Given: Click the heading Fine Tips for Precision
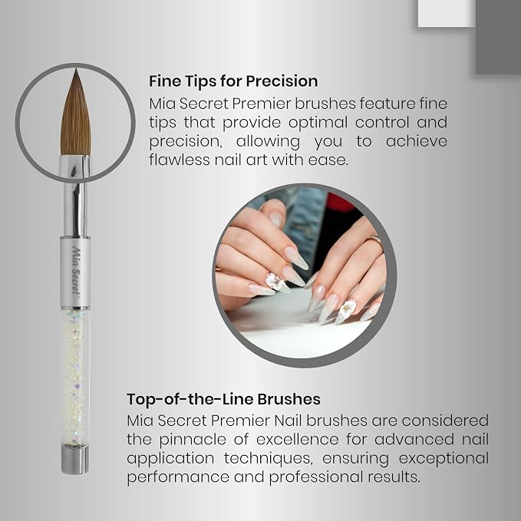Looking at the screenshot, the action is [x=233, y=81].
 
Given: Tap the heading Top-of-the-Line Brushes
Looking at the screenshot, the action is [x=223, y=399].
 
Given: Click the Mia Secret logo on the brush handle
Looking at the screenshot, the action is [x=76, y=270].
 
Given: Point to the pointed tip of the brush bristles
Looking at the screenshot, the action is [x=76, y=69].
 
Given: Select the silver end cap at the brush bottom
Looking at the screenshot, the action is [x=75, y=459].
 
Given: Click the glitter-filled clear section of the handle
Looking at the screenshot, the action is [x=75, y=377].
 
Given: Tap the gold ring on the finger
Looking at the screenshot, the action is [x=374, y=239].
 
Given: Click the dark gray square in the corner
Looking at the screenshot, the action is [x=498, y=37].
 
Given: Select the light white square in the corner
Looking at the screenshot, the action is [x=447, y=13].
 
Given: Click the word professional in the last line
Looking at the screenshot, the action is [x=316, y=477].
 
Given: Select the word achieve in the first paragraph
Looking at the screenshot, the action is [x=417, y=141].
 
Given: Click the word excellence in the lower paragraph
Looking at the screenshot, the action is [x=298, y=439].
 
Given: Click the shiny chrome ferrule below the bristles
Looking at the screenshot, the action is [x=75, y=196].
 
